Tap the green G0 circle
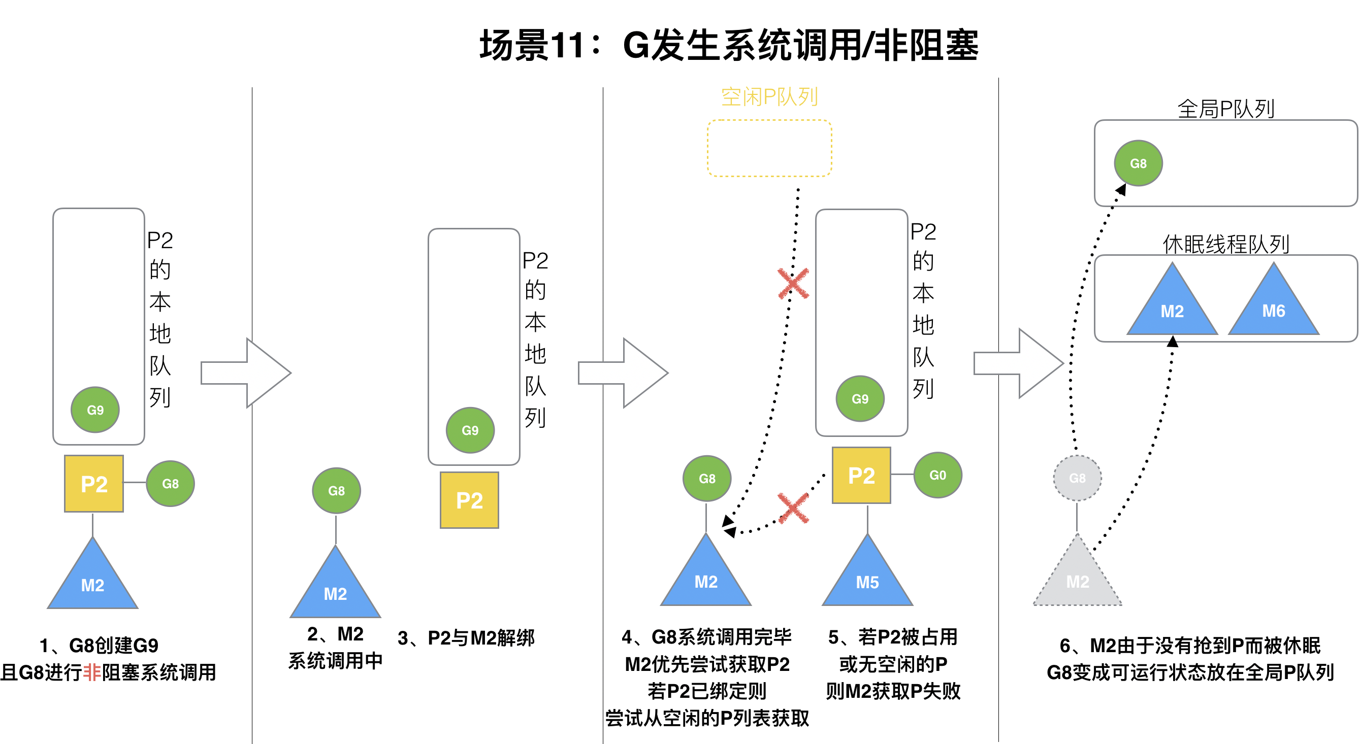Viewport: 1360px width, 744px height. point(937,475)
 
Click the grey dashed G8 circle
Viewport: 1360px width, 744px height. point(1077,478)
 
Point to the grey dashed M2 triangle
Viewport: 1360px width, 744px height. point(1077,578)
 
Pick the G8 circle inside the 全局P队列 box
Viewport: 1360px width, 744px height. point(1138,163)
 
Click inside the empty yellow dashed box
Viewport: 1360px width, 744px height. point(769,148)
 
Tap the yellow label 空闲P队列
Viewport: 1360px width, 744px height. point(769,97)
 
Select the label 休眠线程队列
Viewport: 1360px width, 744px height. point(1225,244)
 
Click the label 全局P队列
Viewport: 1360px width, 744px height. point(1225,109)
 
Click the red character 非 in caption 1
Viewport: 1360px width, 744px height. point(92,672)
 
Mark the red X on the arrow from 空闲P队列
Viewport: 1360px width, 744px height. point(793,283)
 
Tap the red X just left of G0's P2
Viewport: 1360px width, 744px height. point(793,508)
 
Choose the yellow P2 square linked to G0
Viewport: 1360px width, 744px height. point(861,476)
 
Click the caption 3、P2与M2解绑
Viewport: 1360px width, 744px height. point(466,638)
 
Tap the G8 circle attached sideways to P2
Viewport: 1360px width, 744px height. point(170,483)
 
